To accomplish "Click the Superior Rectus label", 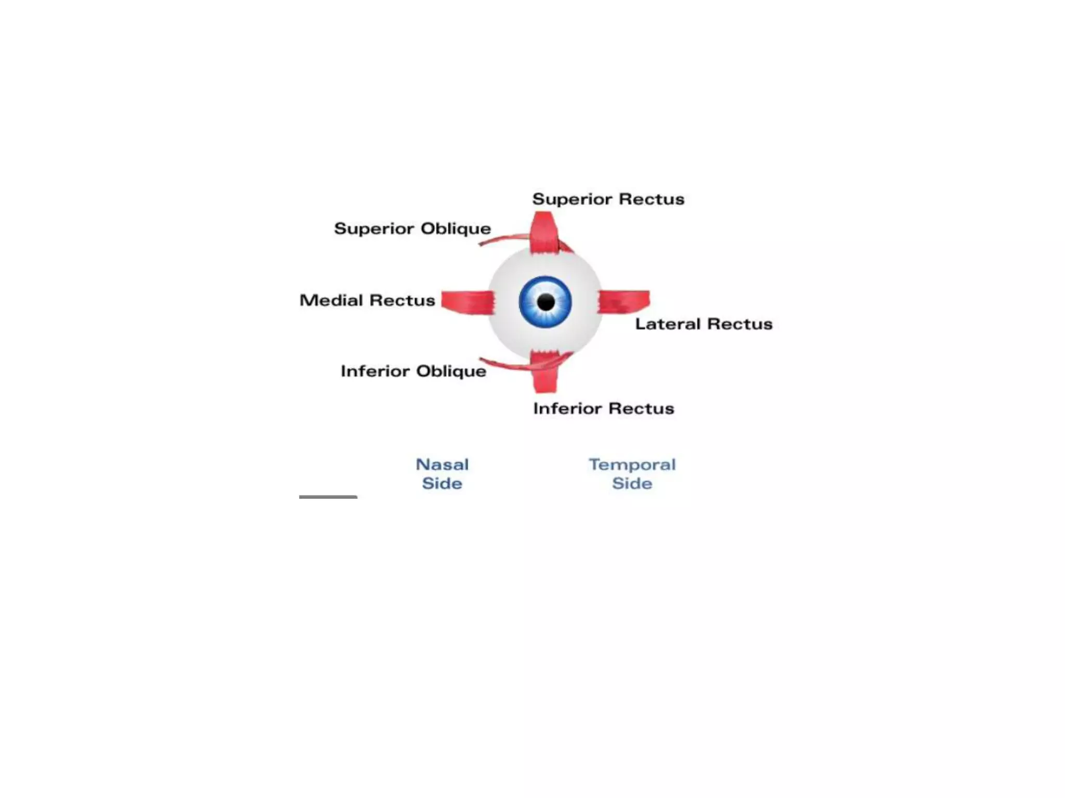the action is click(x=608, y=199).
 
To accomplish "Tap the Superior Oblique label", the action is click(x=412, y=229).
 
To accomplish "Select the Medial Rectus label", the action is click(x=367, y=300).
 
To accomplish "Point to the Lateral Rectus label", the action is click(x=704, y=324).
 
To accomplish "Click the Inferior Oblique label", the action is click(x=413, y=371).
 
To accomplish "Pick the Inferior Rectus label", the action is click(x=603, y=408).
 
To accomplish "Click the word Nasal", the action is click(x=442, y=464).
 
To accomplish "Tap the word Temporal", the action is click(x=632, y=464).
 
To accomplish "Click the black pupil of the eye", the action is click(x=546, y=302).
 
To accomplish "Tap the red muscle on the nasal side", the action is click(x=467, y=302).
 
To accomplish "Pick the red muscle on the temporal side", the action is click(x=624, y=301).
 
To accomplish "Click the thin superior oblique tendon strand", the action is click(x=502, y=238).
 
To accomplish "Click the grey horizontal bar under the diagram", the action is click(x=328, y=497).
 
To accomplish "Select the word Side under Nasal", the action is click(x=442, y=484).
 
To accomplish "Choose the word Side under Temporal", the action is click(x=632, y=484).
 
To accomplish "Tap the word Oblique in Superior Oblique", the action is click(x=456, y=229).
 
